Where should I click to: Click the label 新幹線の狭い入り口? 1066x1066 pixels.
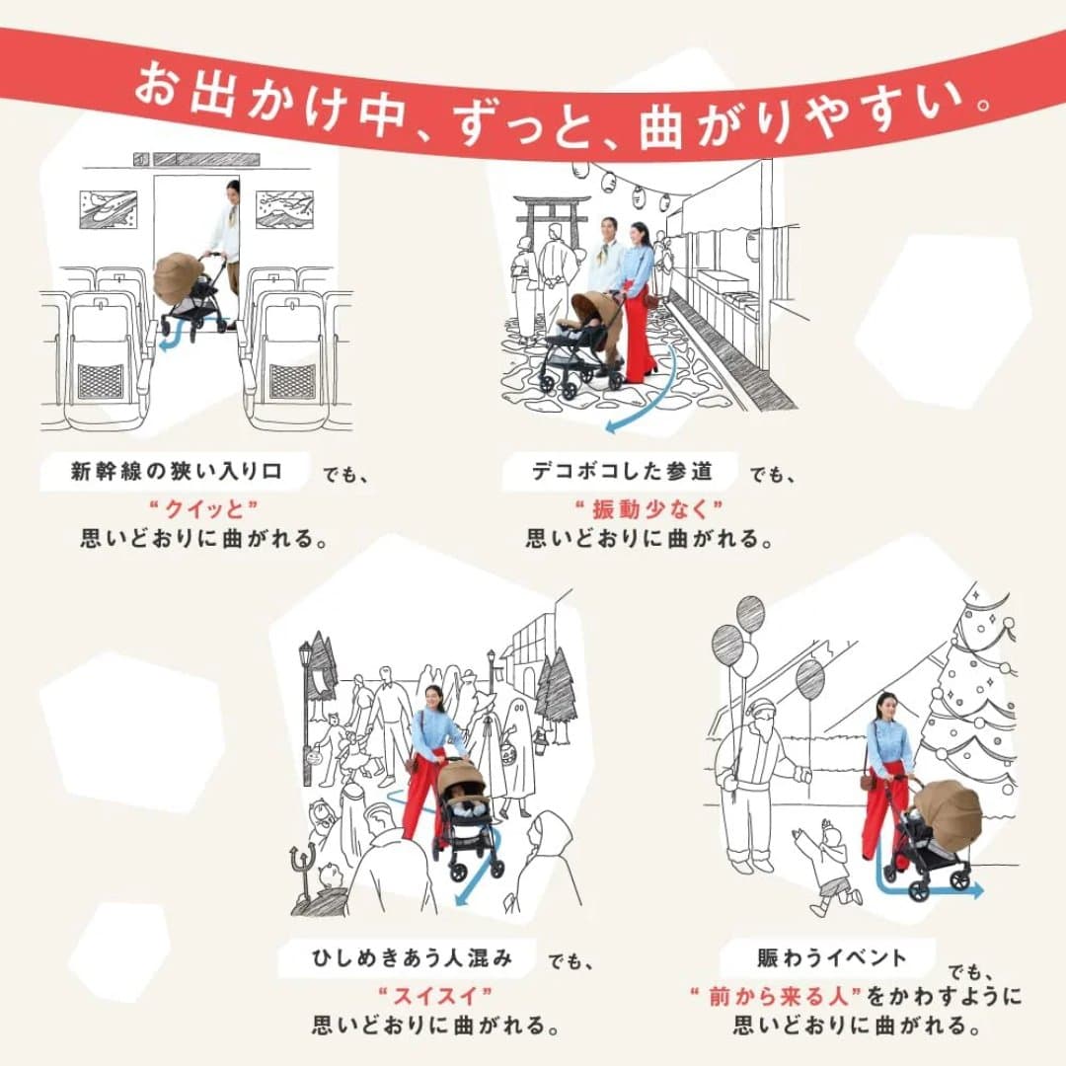(x=176, y=472)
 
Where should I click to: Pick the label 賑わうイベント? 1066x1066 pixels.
(x=831, y=956)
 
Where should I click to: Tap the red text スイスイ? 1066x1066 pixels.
(x=434, y=992)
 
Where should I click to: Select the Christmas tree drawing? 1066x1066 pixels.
(x=972, y=691)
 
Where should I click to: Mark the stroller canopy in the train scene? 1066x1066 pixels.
(x=178, y=277)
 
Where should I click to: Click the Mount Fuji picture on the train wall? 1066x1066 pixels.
(x=284, y=209)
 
